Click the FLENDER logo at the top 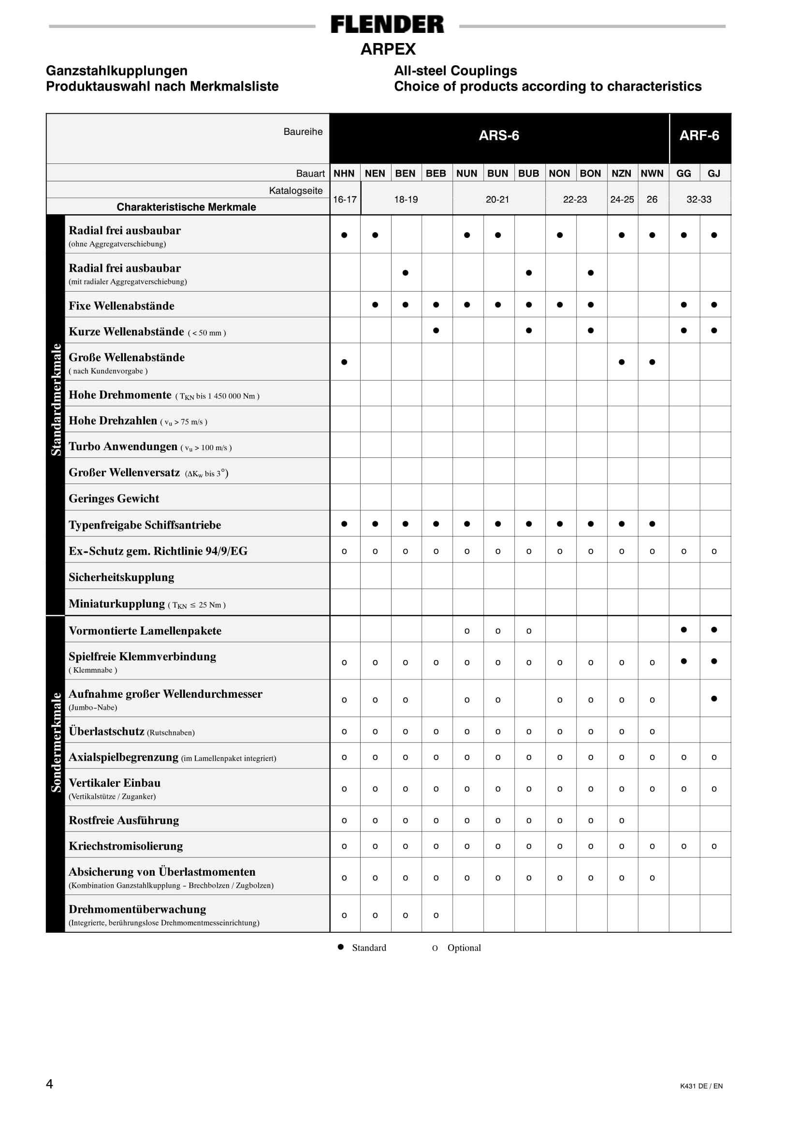pyautogui.click(x=387, y=25)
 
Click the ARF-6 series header pyautogui.click(x=699, y=135)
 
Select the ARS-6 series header pyautogui.click(x=499, y=135)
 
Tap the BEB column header pyautogui.click(x=436, y=173)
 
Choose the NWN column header pyautogui.click(x=652, y=173)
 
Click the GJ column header pyautogui.click(x=714, y=173)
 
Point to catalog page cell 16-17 pyautogui.click(x=344, y=199)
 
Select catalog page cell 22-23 pyautogui.click(x=575, y=199)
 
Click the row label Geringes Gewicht pyautogui.click(x=114, y=499)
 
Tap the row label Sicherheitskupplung pyautogui.click(x=121, y=577)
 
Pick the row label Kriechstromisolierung pyautogui.click(x=126, y=846)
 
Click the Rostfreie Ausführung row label pyautogui.click(x=124, y=821)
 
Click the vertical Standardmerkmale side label pyautogui.click(x=56, y=399)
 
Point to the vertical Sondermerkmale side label pyautogui.click(x=56, y=742)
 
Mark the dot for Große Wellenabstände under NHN pyautogui.click(x=344, y=362)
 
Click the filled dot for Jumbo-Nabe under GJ pyautogui.click(x=714, y=698)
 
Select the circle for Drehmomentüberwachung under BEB pyautogui.click(x=436, y=915)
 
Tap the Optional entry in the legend pyautogui.click(x=464, y=948)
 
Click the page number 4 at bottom pyautogui.click(x=49, y=1084)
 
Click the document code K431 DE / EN pyautogui.click(x=701, y=1086)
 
